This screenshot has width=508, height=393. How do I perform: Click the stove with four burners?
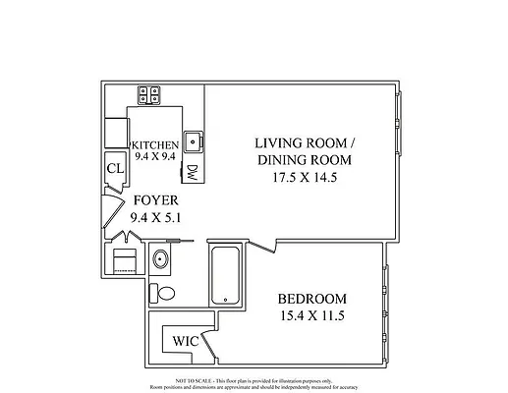coord(150,95)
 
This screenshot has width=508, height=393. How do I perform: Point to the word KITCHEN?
coord(155,143)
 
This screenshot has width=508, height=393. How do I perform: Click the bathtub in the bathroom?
coord(225,274)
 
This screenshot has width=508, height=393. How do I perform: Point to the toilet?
coord(165,292)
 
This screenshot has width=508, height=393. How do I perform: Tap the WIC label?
coord(185,341)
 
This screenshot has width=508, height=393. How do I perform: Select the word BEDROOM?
coord(312,299)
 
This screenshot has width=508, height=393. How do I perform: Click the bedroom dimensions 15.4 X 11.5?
coord(312,316)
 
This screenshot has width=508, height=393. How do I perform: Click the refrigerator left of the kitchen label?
coord(117,133)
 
